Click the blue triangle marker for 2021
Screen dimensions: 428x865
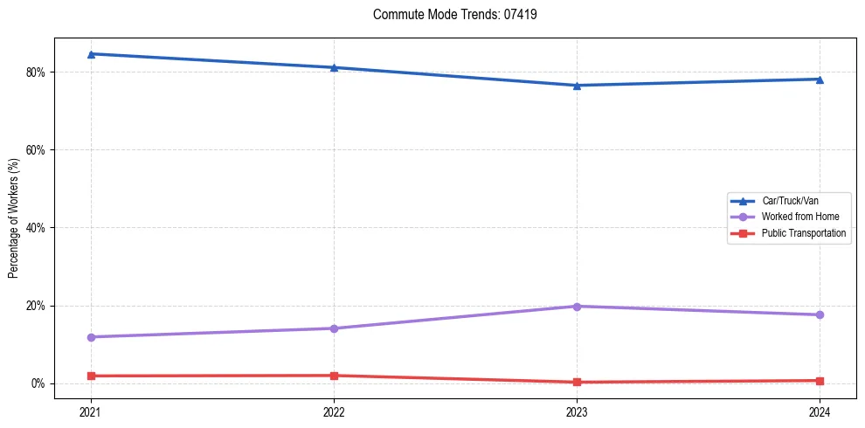pyautogui.click(x=91, y=54)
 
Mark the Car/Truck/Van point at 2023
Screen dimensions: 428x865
pyautogui.click(x=577, y=86)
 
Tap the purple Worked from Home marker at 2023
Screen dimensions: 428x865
pyautogui.click(x=577, y=307)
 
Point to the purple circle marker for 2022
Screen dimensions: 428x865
pyautogui.click(x=334, y=328)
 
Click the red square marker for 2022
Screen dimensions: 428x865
pyautogui.click(x=334, y=376)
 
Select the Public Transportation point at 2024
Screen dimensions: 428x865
pyautogui.click(x=820, y=381)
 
